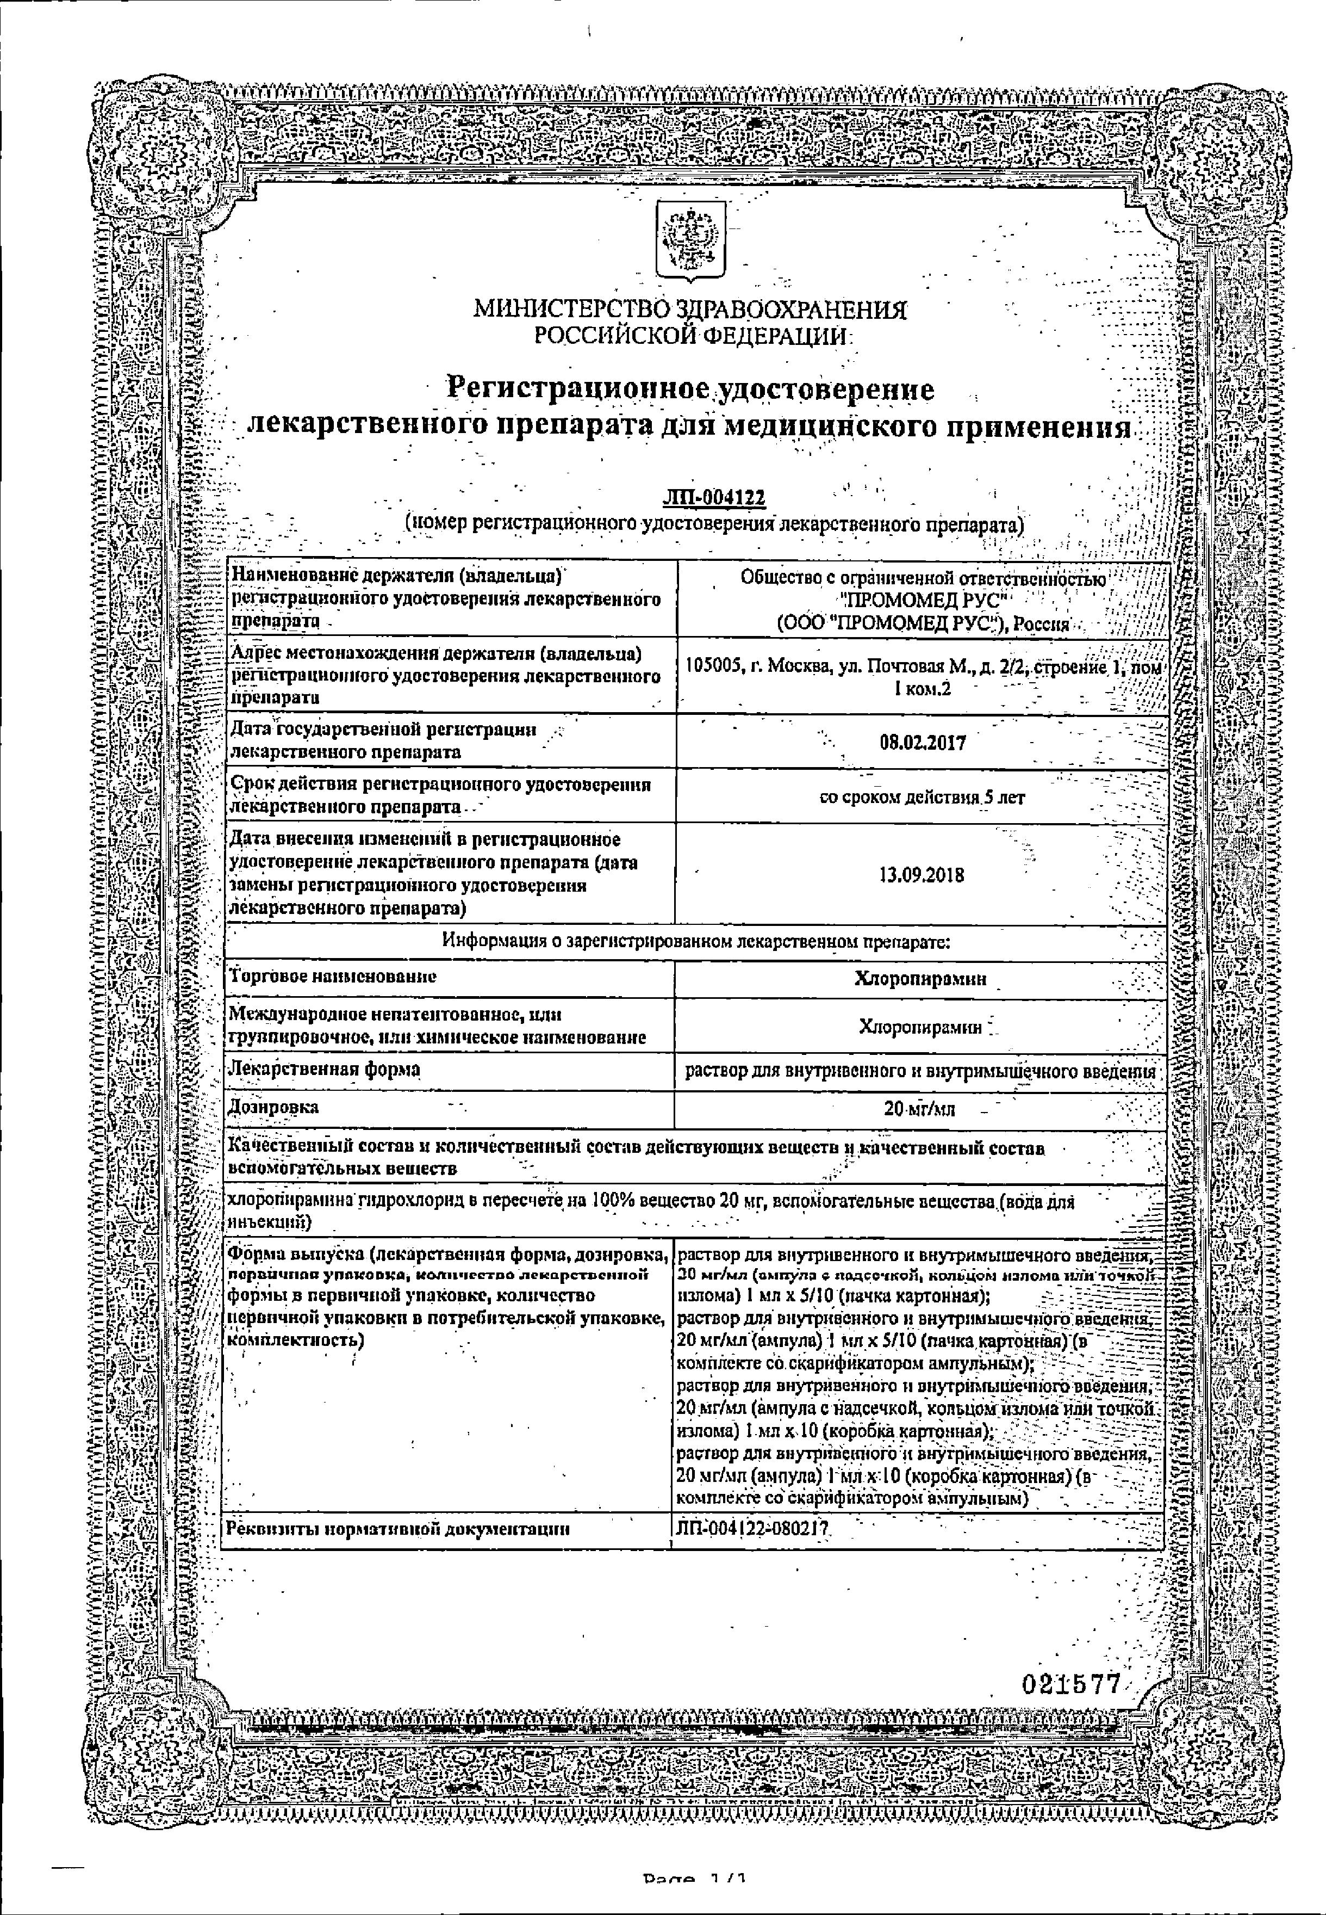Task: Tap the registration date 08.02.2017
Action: point(922,742)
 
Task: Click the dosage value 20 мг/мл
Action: point(920,1109)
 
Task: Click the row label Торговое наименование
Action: point(332,977)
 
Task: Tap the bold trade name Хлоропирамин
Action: point(920,978)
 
